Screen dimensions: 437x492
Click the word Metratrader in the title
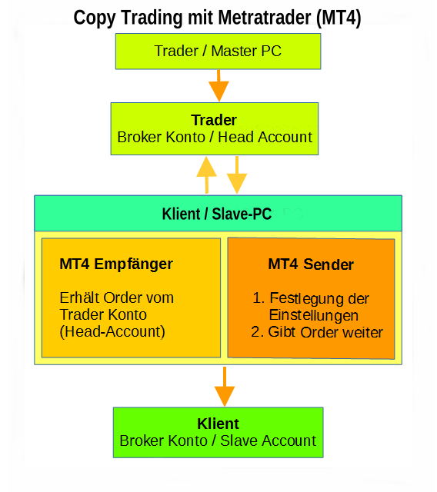tap(265, 18)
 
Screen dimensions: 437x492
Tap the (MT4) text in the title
tap(339, 18)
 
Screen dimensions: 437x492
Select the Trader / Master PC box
tap(218, 52)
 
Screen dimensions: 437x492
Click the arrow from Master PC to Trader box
tap(218, 85)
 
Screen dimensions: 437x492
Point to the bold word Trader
tap(214, 120)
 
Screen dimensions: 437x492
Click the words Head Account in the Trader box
tap(265, 137)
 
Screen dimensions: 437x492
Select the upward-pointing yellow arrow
tap(206, 175)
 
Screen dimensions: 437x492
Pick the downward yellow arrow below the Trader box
tap(237, 175)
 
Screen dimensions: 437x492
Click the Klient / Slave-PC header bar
tap(218, 214)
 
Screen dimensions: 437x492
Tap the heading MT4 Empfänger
tap(116, 264)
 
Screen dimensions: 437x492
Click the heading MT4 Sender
tap(311, 264)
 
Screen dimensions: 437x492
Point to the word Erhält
tap(79, 298)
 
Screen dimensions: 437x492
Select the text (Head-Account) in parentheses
tap(112, 331)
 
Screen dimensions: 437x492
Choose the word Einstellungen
tap(314, 315)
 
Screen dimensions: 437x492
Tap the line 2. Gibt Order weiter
tap(317, 332)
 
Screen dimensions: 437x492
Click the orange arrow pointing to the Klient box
tap(225, 387)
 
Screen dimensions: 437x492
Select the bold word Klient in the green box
tap(218, 424)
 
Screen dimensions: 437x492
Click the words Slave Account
tap(268, 440)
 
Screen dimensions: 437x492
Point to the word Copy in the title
tap(95, 18)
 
